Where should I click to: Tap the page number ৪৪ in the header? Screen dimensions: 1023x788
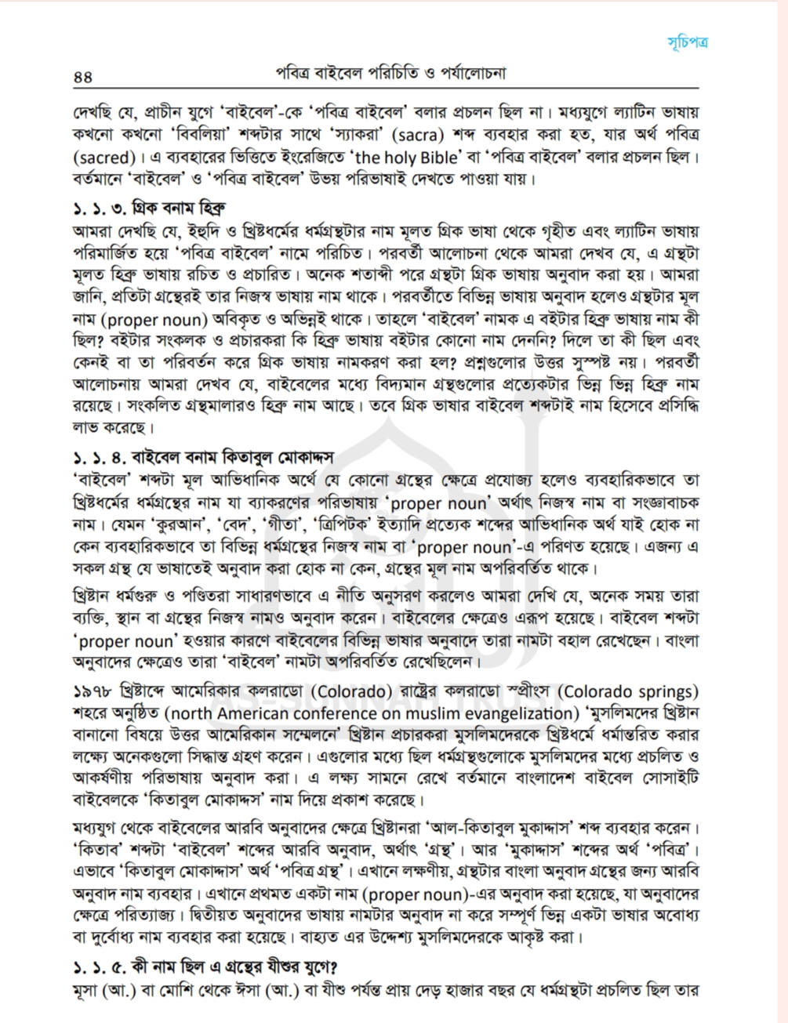(82, 77)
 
